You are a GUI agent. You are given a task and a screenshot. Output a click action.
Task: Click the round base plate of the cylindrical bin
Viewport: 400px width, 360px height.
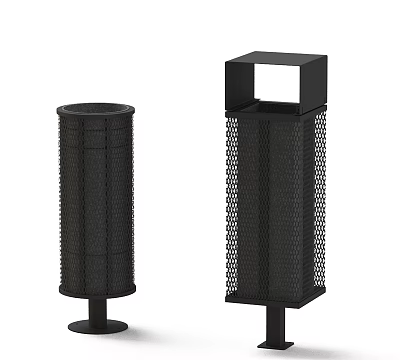coord(95,327)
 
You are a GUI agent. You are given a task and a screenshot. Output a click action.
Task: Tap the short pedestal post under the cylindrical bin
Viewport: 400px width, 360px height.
coord(95,309)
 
